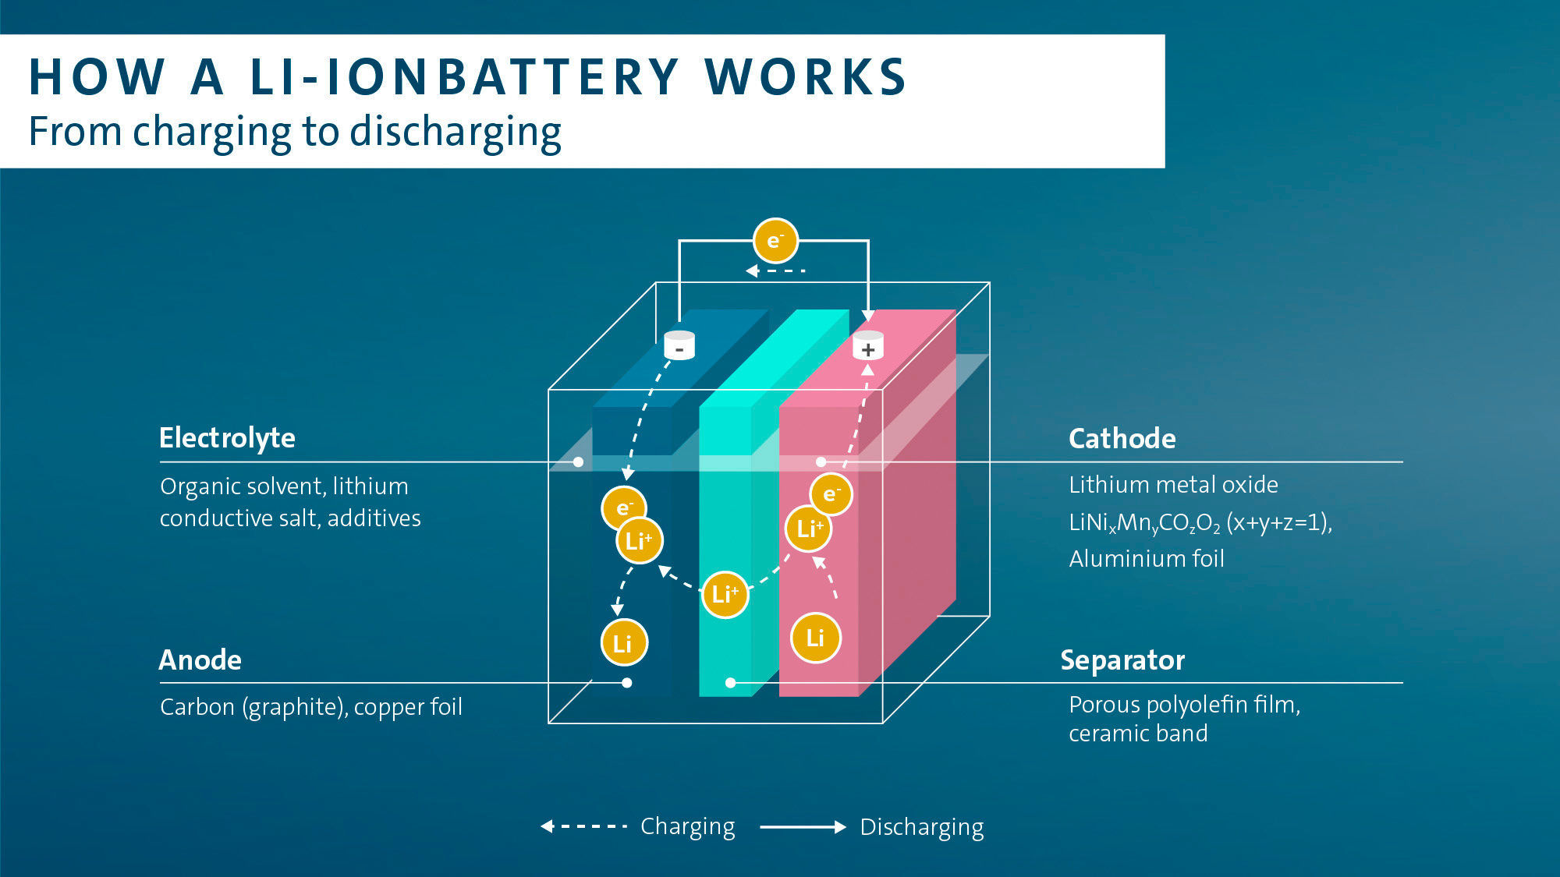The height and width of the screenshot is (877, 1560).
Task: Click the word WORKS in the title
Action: tap(806, 77)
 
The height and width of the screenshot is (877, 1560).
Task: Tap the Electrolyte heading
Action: tap(227, 438)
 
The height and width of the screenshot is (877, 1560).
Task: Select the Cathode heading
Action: tap(1122, 439)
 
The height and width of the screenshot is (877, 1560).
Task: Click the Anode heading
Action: tap(200, 660)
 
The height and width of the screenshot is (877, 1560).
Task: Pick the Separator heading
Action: tap(1122, 660)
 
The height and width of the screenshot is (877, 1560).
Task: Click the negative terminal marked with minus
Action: tap(679, 345)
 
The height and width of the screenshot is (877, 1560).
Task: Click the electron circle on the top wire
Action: tap(775, 240)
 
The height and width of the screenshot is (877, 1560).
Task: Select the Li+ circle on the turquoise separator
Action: tap(725, 595)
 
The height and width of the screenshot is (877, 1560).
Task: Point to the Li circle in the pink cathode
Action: tap(815, 638)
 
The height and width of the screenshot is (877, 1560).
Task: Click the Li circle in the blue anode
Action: tap(623, 643)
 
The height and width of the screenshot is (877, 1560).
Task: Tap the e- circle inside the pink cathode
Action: tap(831, 494)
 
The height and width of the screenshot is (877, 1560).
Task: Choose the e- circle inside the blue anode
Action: tap(623, 508)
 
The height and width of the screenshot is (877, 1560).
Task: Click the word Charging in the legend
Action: tap(687, 826)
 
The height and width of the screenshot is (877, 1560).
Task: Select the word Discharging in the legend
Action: tap(921, 827)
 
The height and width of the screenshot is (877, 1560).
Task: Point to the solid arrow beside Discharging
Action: tap(803, 827)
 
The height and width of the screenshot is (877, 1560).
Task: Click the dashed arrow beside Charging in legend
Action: tap(584, 826)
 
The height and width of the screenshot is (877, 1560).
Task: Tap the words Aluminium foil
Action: tap(1146, 559)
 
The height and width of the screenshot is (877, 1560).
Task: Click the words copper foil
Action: tap(408, 707)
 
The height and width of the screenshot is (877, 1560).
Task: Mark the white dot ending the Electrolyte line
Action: tap(578, 462)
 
